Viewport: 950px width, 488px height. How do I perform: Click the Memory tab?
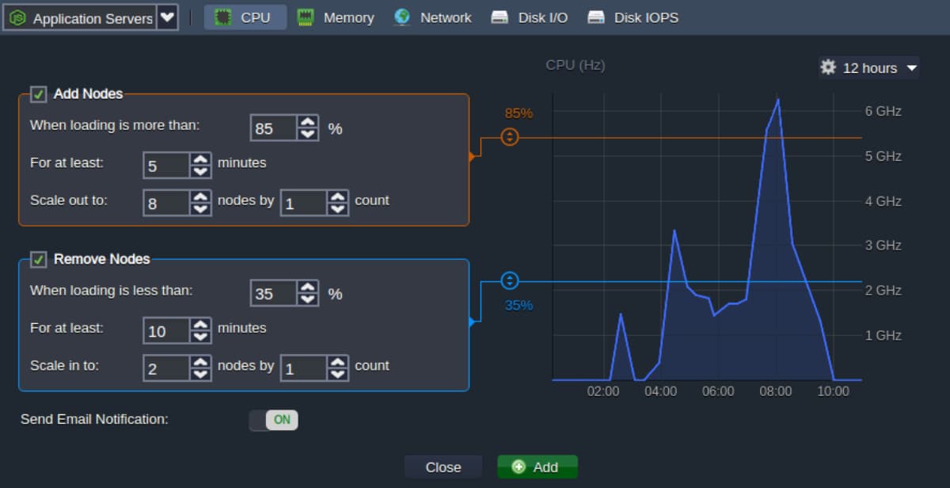click(335, 17)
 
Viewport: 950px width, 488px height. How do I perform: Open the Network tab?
click(432, 17)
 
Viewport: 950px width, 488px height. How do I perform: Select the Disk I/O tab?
click(530, 17)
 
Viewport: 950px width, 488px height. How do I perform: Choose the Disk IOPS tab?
click(633, 17)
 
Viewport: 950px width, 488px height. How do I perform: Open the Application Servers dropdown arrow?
click(168, 17)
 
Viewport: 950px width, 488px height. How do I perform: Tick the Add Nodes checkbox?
click(38, 93)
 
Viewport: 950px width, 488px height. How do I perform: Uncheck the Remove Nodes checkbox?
click(38, 259)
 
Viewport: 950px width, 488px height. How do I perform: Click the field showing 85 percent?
click(273, 128)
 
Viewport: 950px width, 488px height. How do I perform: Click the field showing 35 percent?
click(273, 293)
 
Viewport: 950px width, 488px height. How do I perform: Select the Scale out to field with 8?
click(165, 204)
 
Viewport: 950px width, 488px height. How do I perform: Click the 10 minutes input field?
click(165, 330)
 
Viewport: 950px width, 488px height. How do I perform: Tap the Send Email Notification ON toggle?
click(274, 420)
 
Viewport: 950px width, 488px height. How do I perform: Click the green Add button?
click(538, 467)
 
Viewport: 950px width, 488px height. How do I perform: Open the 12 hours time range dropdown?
click(869, 68)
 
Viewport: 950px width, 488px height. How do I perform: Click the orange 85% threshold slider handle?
click(509, 137)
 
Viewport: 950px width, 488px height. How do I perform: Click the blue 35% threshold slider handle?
click(509, 280)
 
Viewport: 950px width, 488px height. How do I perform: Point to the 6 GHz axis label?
click(883, 111)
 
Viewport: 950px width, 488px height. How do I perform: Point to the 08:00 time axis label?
click(775, 391)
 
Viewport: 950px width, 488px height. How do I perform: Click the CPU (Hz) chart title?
click(575, 65)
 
